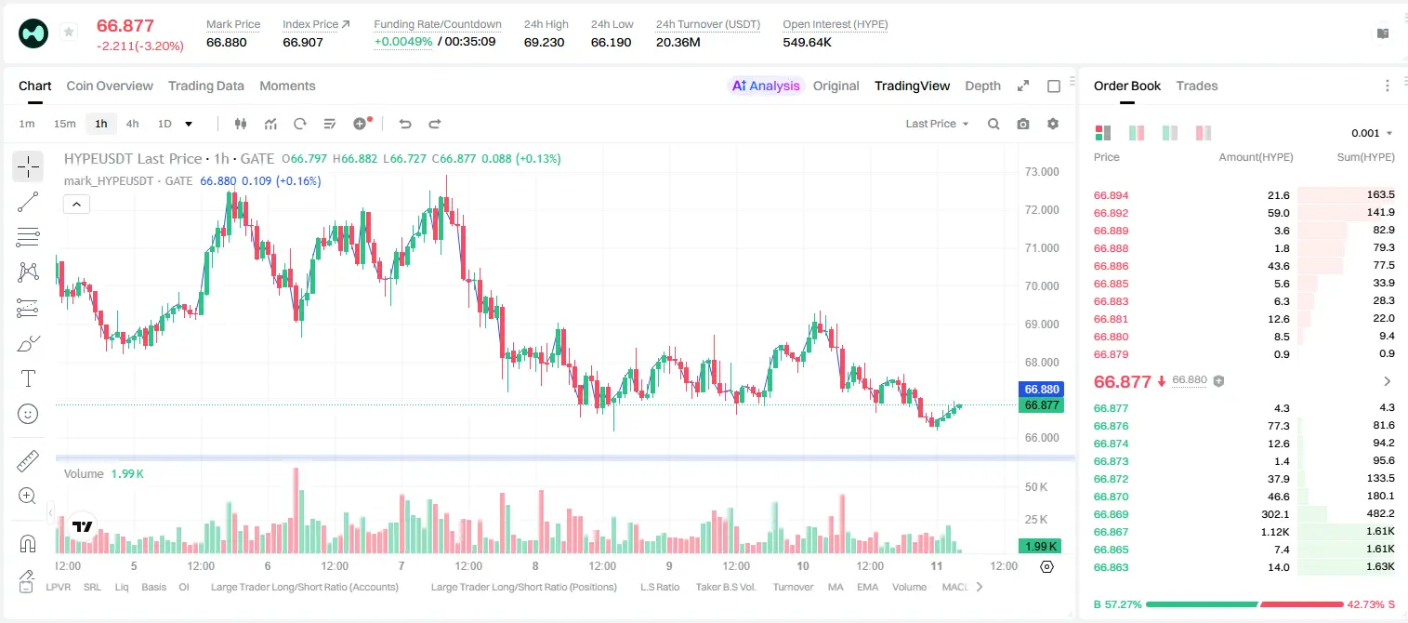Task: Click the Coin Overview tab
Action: click(110, 86)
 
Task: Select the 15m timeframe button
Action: click(64, 124)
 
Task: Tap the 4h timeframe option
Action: click(132, 124)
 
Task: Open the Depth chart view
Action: click(982, 86)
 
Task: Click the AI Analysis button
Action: click(766, 86)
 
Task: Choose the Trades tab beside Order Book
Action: click(1197, 86)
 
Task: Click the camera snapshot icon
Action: click(1023, 124)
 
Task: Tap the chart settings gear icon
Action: click(1053, 124)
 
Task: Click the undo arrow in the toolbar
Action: click(405, 124)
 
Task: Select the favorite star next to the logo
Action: click(69, 32)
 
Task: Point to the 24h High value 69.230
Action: click(545, 42)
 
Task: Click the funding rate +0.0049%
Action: click(403, 42)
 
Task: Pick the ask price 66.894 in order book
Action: click(1111, 195)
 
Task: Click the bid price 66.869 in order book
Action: click(1111, 514)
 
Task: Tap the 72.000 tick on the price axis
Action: click(1042, 210)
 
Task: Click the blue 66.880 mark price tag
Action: click(1042, 389)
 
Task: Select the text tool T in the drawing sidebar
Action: click(28, 378)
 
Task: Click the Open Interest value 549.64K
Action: click(807, 42)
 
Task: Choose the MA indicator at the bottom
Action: click(836, 587)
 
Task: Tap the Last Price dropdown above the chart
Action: click(937, 124)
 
